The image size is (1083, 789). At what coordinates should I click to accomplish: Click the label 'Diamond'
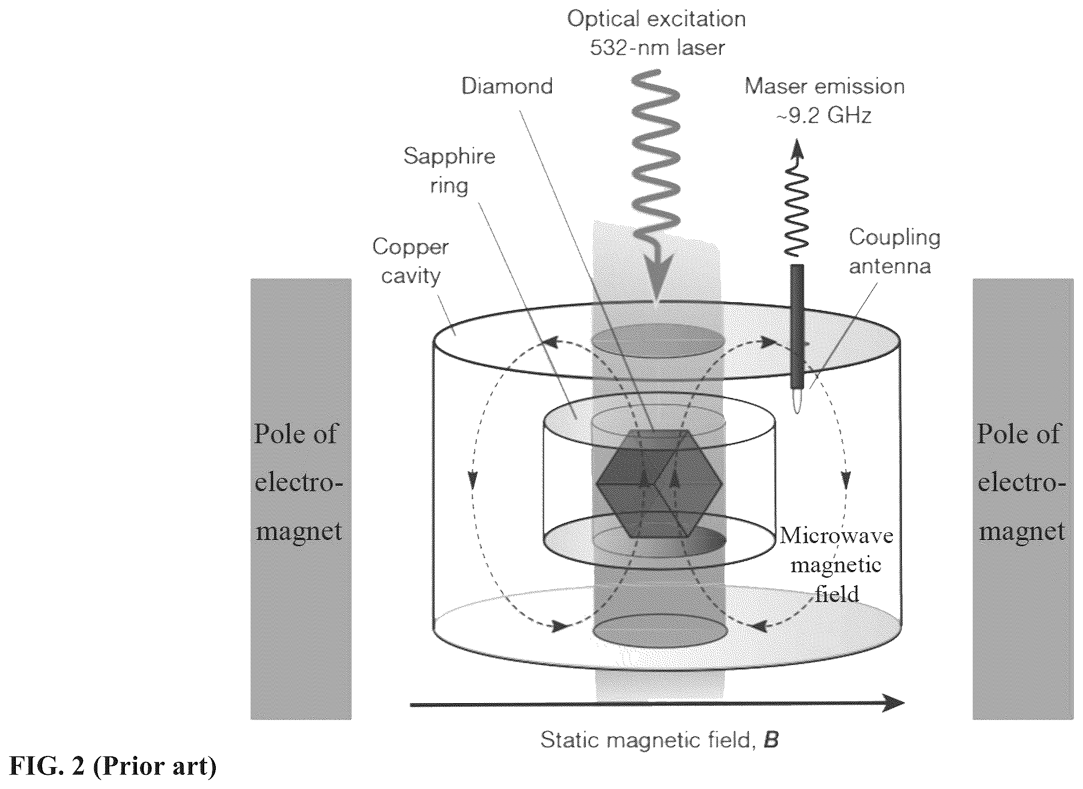pyautogui.click(x=507, y=86)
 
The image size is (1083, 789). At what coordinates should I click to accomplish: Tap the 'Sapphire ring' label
pyautogui.click(x=449, y=170)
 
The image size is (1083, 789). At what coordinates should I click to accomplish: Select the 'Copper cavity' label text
pyautogui.click(x=411, y=261)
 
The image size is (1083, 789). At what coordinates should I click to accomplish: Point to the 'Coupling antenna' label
pyautogui.click(x=894, y=251)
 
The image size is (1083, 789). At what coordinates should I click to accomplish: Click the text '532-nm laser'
pyautogui.click(x=657, y=48)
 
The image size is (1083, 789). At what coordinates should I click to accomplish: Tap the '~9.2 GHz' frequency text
pyautogui.click(x=825, y=115)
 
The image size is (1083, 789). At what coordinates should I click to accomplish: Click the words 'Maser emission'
pyautogui.click(x=825, y=86)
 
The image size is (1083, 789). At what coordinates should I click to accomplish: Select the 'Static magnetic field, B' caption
pyautogui.click(x=660, y=740)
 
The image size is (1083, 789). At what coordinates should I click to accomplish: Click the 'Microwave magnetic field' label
pyautogui.click(x=837, y=564)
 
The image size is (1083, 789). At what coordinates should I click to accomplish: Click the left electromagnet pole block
pyautogui.click(x=301, y=499)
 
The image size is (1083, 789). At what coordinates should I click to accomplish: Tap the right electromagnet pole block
pyautogui.click(x=1023, y=499)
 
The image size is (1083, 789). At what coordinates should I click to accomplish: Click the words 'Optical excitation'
pyautogui.click(x=656, y=19)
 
